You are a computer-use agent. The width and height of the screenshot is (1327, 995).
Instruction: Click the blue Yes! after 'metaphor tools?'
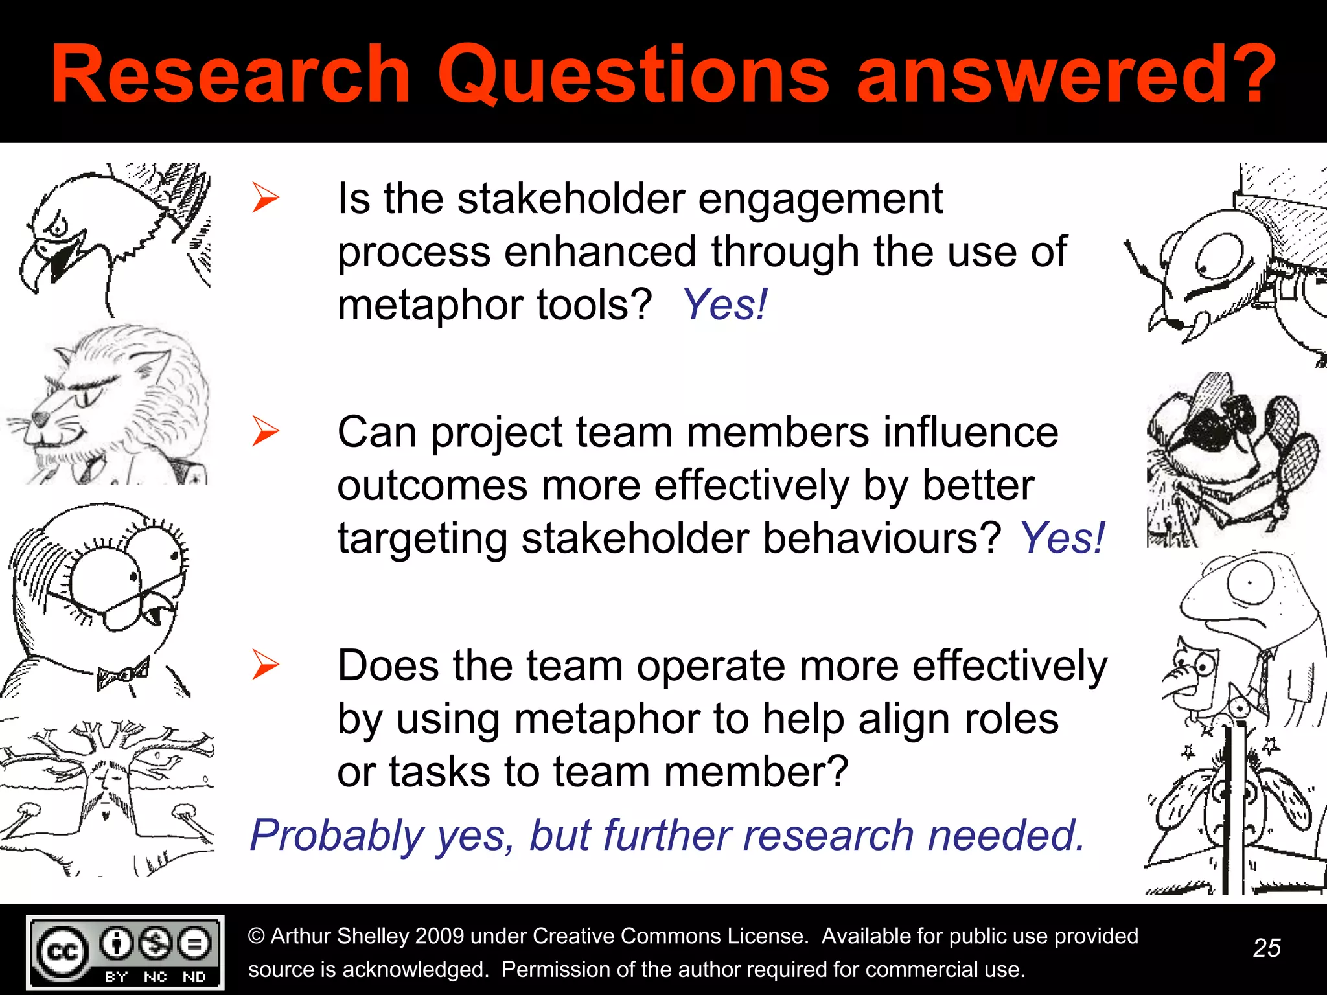pos(725,304)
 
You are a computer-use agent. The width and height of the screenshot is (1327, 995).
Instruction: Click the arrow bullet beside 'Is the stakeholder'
pos(265,198)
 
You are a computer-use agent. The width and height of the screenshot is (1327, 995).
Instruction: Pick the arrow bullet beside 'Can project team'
pos(265,431)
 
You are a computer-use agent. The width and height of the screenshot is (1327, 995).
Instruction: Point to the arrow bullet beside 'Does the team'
pos(265,665)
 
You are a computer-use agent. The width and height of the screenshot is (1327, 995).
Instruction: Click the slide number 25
pos(1267,948)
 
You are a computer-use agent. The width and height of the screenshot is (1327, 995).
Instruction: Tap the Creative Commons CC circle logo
pos(62,952)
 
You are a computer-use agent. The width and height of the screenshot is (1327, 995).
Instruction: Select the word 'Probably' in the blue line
pos(337,835)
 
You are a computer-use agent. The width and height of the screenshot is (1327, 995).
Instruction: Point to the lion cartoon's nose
pos(40,418)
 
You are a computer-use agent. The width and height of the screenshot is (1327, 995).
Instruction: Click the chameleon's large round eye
pos(1249,583)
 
